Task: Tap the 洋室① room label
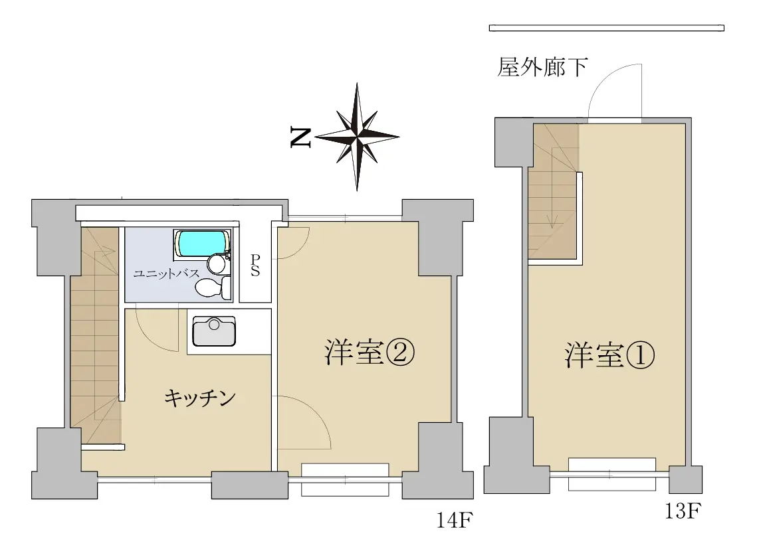pyautogui.click(x=609, y=355)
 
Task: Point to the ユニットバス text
pyautogui.click(x=166, y=274)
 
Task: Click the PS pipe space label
pyautogui.click(x=255, y=266)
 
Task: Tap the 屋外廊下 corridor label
pyautogui.click(x=542, y=67)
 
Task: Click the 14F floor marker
pyautogui.click(x=454, y=520)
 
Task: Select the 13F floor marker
pyautogui.click(x=683, y=511)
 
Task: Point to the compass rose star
pyautogui.click(x=357, y=137)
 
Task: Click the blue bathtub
pyautogui.click(x=202, y=244)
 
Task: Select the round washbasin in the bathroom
pyautogui.click(x=217, y=264)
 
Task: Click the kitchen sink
pyautogui.click(x=214, y=331)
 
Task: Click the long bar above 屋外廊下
pyautogui.click(x=607, y=28)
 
